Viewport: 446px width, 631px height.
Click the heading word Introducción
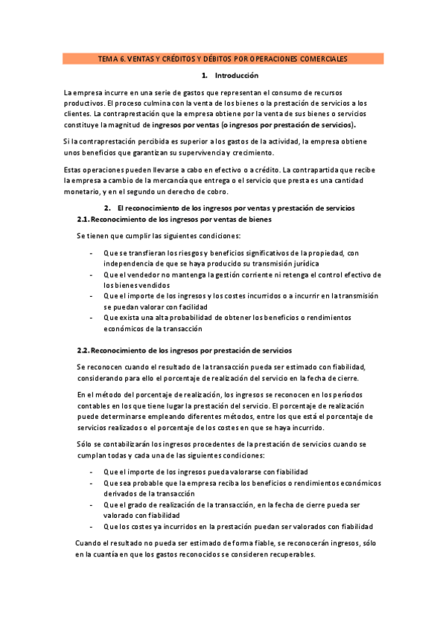[236, 76]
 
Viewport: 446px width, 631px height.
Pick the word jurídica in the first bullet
[302, 263]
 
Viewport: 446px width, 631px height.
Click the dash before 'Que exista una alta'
[91, 317]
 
